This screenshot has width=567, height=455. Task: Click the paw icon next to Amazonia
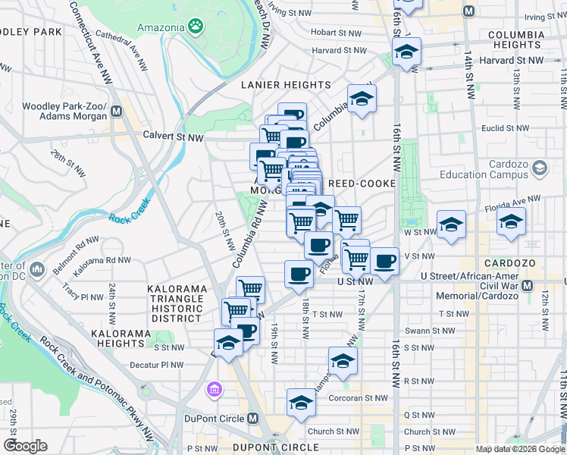(196, 27)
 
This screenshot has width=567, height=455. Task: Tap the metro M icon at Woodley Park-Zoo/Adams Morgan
(117, 111)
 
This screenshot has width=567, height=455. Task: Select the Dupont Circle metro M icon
(253, 418)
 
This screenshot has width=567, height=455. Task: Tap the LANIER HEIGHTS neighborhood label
(286, 85)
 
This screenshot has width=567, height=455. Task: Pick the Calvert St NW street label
(174, 137)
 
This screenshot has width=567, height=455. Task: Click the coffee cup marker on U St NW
(299, 274)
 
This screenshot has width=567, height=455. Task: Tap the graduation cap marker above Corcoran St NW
(301, 402)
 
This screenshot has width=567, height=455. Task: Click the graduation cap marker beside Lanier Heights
(362, 99)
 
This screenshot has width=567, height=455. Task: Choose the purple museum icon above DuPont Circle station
(215, 390)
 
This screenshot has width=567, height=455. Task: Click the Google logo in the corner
(25, 445)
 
